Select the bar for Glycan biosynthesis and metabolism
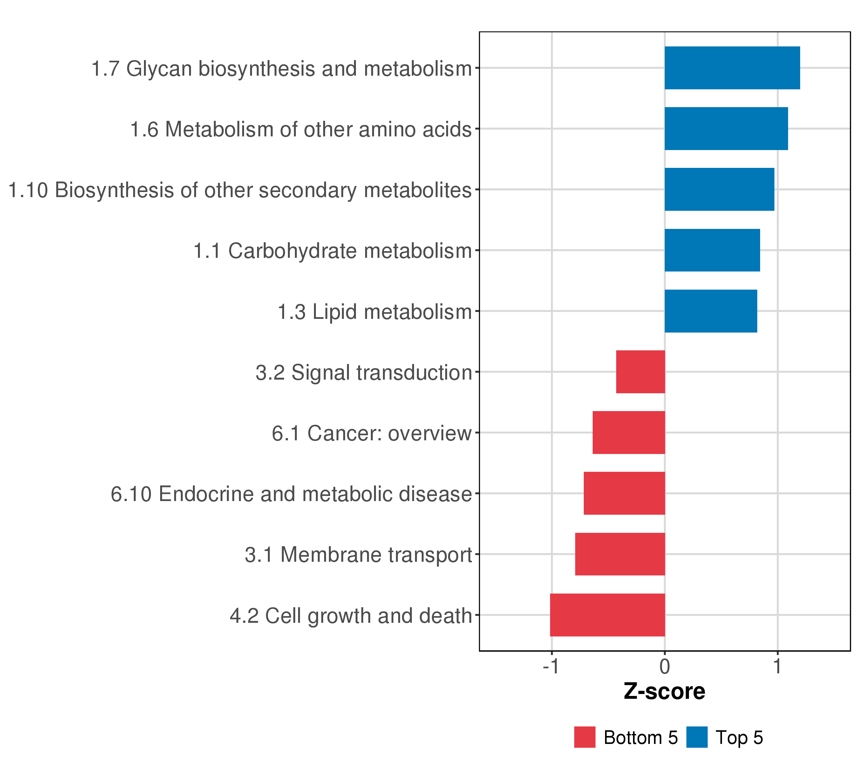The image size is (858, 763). [732, 68]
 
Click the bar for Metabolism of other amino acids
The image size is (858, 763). [726, 128]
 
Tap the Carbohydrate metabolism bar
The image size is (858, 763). [712, 250]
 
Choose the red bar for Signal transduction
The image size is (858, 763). [641, 372]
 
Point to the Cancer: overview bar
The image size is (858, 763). [629, 432]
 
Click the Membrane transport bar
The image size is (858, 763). [620, 554]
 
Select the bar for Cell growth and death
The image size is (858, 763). [607, 615]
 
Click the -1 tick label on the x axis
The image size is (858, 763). [551, 666]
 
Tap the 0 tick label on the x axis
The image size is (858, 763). [665, 666]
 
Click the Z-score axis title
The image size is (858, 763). [664, 691]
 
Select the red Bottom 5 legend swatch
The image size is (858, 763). [585, 737]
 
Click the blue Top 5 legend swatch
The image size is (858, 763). [697, 737]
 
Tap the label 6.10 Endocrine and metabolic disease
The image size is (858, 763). [291, 494]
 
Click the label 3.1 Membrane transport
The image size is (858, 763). [358, 555]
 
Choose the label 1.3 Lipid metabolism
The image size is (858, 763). [375, 312]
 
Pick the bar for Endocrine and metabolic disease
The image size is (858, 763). [624, 493]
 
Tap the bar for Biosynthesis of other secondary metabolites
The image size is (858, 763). [719, 189]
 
